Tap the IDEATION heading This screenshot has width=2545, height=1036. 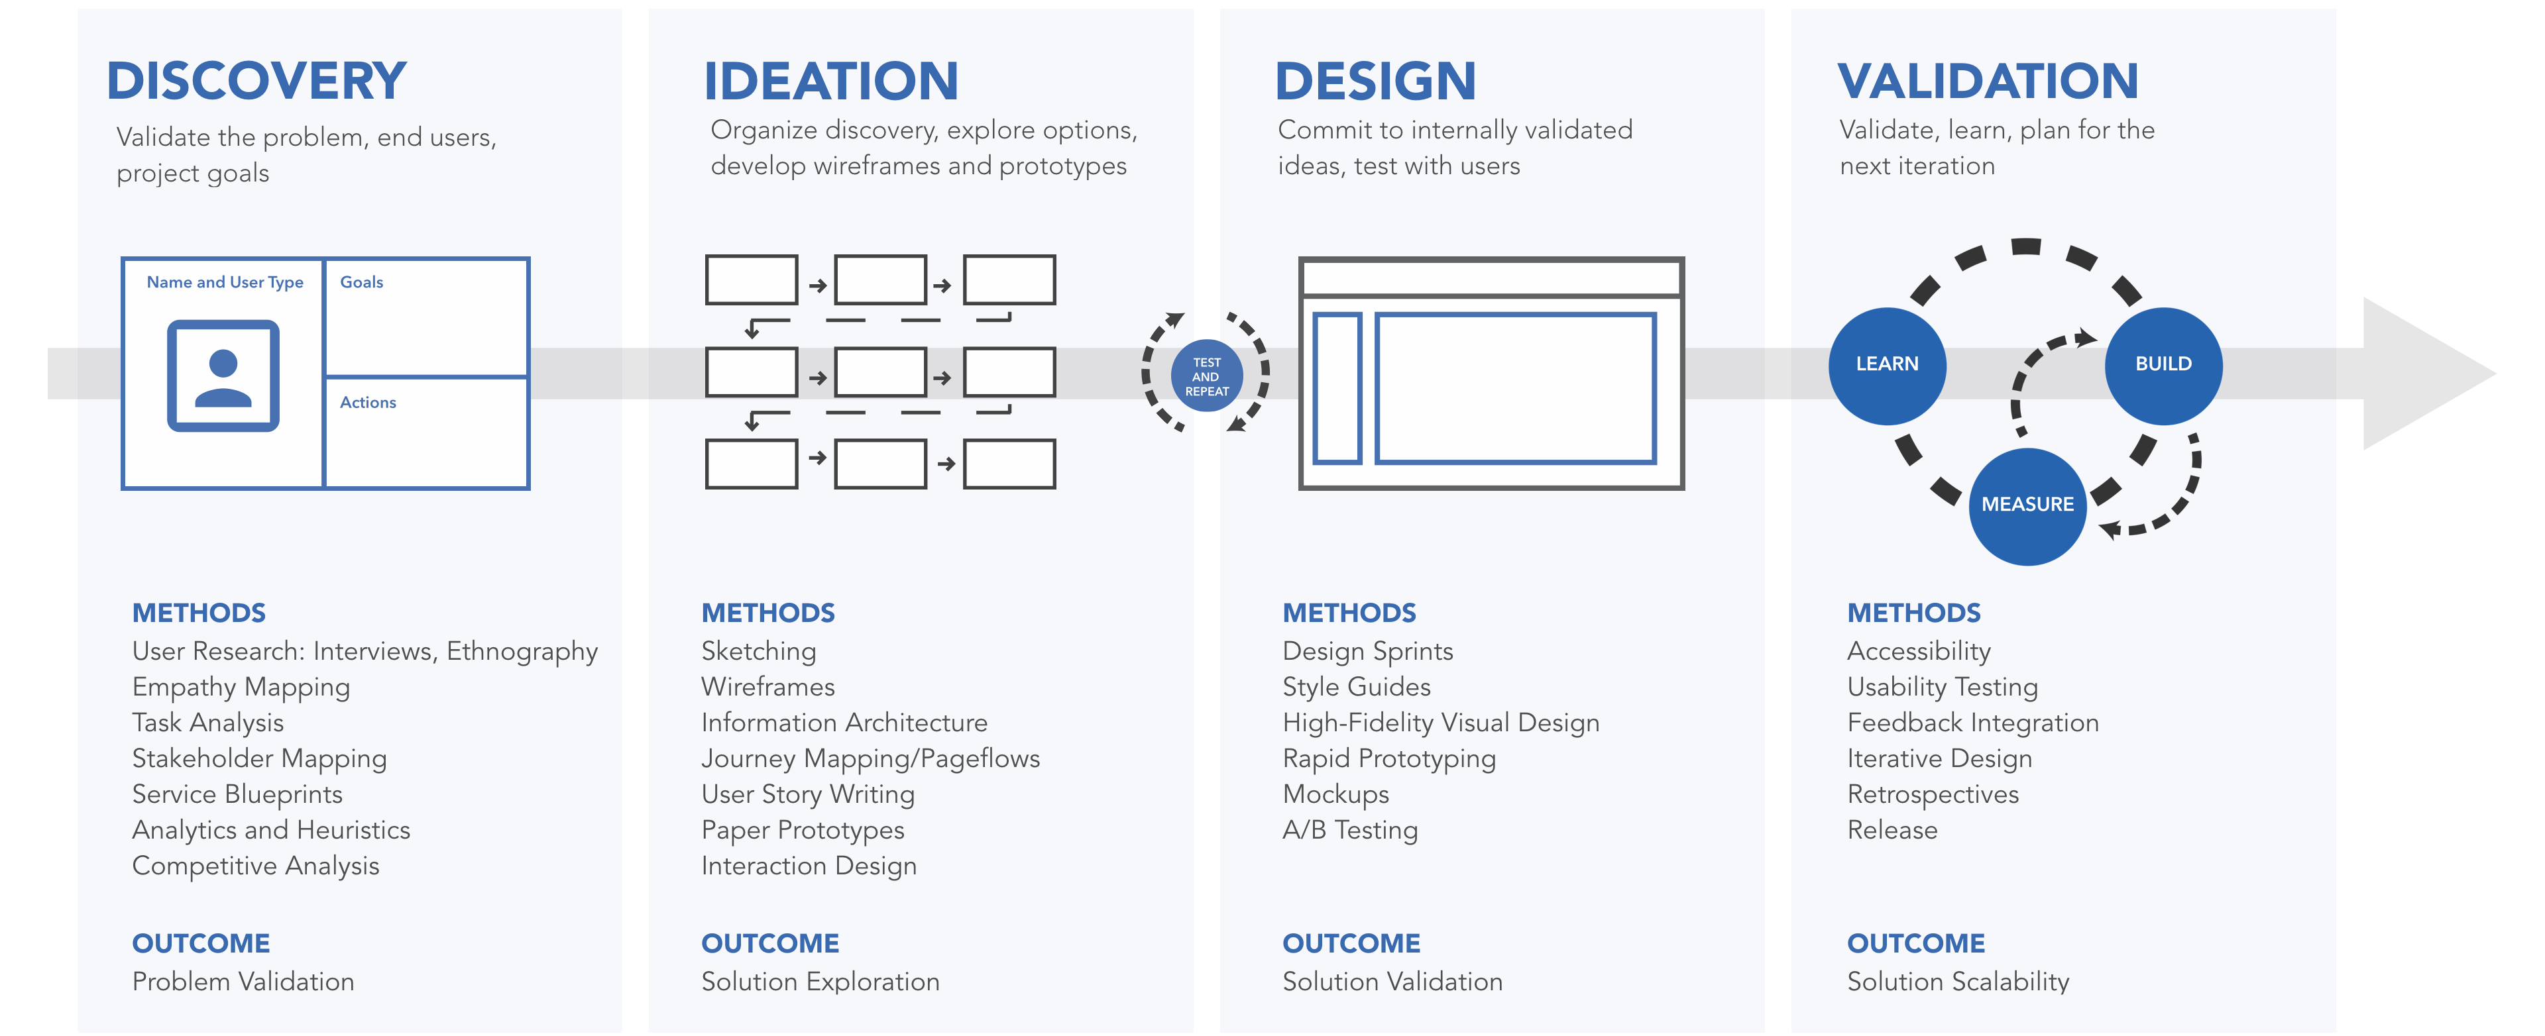pos(831,81)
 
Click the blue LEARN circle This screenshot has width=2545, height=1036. pos(1887,366)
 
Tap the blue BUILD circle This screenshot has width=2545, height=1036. pos(2164,366)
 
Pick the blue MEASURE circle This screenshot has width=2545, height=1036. pos(2027,505)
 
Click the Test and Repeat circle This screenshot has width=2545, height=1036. pos(1206,376)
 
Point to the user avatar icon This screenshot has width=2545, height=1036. pos(223,376)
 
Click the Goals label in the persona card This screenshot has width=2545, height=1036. pos(362,282)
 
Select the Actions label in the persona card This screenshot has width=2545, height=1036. pos(368,403)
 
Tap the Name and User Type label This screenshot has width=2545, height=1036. pos(225,282)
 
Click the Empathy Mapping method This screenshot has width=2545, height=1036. pos(241,688)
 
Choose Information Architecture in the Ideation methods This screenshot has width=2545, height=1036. pos(844,723)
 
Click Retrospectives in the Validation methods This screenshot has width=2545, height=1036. pos(1933,795)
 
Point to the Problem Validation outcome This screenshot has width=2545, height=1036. pos(243,982)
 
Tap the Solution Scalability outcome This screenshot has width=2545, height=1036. pos(1958,982)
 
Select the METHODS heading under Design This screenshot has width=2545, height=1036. pos(1349,613)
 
